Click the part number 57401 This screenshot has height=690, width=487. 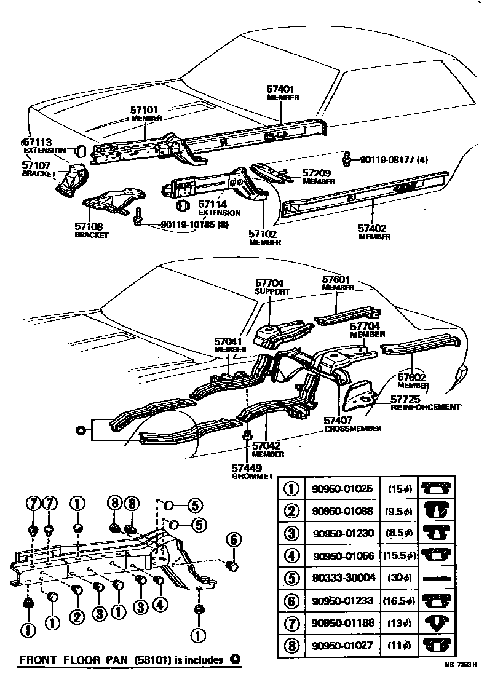[x=282, y=89]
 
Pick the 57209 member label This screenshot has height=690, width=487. [x=317, y=173]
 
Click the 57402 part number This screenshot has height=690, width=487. [x=373, y=228]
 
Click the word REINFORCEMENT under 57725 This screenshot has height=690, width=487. [x=426, y=407]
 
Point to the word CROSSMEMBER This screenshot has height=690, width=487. [x=353, y=428]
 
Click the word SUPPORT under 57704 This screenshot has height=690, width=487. [x=271, y=292]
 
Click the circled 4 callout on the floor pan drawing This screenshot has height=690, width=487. [x=160, y=605]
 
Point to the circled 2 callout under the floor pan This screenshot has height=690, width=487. [x=77, y=615]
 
